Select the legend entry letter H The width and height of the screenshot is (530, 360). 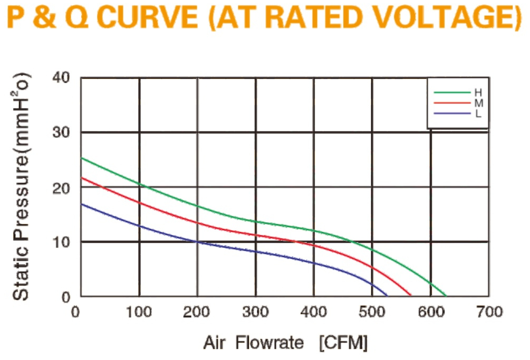tap(478, 92)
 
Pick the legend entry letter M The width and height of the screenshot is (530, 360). tap(479, 103)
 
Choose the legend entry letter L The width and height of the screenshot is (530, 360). tap(478, 113)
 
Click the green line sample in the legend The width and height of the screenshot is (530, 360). tap(452, 92)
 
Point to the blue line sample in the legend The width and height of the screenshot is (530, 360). tap(452, 113)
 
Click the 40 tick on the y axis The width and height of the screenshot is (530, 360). tap(61, 78)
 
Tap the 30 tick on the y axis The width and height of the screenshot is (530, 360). tap(61, 132)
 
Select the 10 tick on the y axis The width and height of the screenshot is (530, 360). tap(61, 242)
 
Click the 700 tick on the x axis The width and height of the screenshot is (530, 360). tap(489, 311)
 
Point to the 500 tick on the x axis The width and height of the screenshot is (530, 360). tap(372, 311)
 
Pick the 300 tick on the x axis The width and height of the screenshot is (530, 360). tap(256, 311)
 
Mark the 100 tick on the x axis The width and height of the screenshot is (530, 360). tap(139, 311)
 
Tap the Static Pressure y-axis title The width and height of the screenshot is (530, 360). tap(21, 186)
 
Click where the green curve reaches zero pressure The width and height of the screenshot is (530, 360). tap(446, 296)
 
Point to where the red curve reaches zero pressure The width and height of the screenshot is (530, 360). tap(411, 296)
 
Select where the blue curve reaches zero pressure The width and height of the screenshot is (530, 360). tap(388, 296)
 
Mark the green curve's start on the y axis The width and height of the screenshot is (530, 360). tap(81, 158)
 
